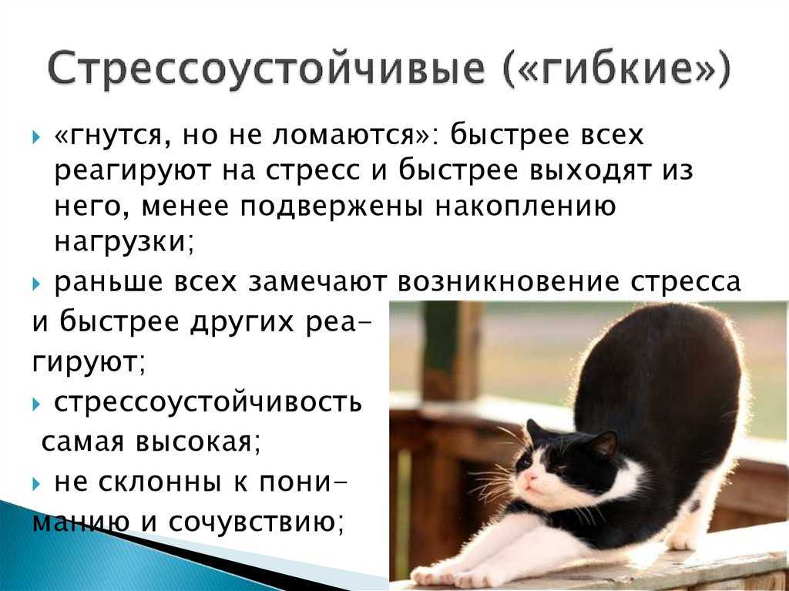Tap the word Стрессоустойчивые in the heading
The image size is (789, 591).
pyautogui.click(x=266, y=68)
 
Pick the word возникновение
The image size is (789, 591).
pyautogui.click(x=509, y=282)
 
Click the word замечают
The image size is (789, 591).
pyautogui.click(x=317, y=283)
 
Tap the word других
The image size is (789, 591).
pyautogui.click(x=240, y=323)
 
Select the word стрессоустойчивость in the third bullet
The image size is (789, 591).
pyautogui.click(x=208, y=402)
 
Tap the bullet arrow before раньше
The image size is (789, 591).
pyautogui.click(x=35, y=284)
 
